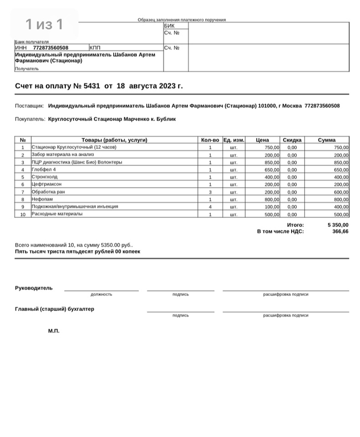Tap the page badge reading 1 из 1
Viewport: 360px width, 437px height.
(x=44, y=24)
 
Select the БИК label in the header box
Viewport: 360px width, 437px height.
(x=169, y=25)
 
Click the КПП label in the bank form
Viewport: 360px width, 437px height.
(x=95, y=48)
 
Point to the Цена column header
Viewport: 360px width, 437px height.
(x=262, y=140)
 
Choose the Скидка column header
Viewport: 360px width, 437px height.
(x=292, y=140)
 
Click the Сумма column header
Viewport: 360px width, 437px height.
(x=327, y=140)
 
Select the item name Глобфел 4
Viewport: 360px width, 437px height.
(x=44, y=169)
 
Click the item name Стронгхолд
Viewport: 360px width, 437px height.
(x=45, y=177)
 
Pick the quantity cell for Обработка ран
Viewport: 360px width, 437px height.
(x=210, y=192)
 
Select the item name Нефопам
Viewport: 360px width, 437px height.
(x=42, y=199)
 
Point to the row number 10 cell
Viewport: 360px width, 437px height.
(x=23, y=214)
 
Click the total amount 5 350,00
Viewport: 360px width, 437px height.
(x=337, y=225)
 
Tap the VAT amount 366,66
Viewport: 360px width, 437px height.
(x=340, y=232)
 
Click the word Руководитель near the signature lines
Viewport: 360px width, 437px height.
(x=34, y=288)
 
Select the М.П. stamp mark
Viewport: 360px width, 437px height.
(x=53, y=330)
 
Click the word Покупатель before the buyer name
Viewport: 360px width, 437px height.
(x=30, y=119)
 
